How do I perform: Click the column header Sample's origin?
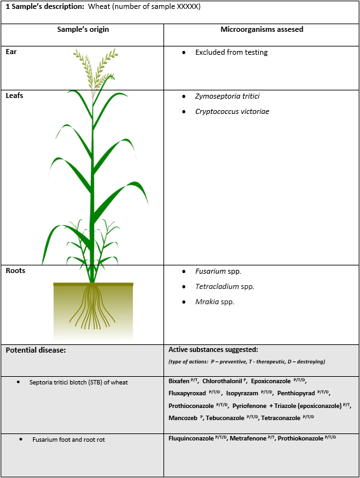[x=83, y=29]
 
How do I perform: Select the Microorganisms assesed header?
[x=262, y=29]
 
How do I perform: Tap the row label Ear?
[x=11, y=52]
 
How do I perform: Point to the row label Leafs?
[x=15, y=95]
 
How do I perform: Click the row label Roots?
[x=15, y=271]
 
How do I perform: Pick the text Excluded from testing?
[x=232, y=52]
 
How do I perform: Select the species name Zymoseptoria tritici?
[x=228, y=96]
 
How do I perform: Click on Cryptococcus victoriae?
[x=232, y=111]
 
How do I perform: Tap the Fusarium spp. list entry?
[x=218, y=271]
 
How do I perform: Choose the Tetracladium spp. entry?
[x=225, y=286]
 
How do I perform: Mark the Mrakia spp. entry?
[x=215, y=302]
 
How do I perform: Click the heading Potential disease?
[x=36, y=350]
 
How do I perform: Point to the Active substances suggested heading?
[x=213, y=349]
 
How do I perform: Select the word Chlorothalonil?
[x=223, y=381]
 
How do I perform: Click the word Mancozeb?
[x=183, y=418]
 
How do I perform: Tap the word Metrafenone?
[x=248, y=439]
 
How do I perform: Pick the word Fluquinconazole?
[x=191, y=439]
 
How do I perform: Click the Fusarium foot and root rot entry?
[x=69, y=440]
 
